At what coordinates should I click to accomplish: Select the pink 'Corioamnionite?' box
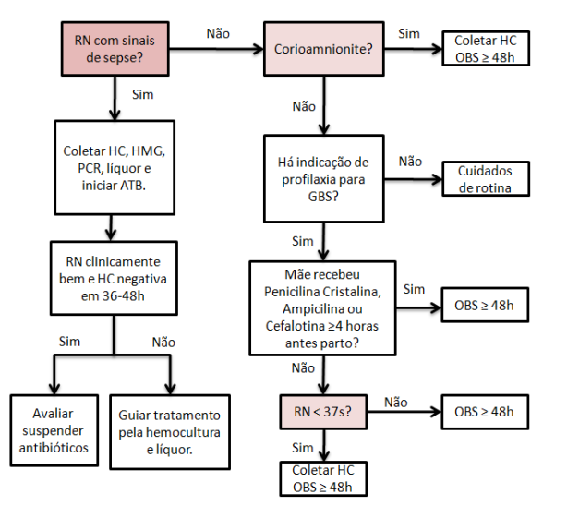324,48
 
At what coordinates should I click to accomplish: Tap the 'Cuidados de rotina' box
484,179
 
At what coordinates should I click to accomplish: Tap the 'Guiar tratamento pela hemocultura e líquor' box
170,430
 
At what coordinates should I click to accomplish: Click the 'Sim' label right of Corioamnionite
408,33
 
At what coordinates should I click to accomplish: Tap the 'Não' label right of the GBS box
410,162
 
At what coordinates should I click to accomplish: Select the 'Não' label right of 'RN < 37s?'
395,402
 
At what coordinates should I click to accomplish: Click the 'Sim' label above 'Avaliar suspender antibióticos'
69,342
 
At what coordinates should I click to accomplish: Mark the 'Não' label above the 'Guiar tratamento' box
164,342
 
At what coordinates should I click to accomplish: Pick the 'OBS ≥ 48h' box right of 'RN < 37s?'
484,412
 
